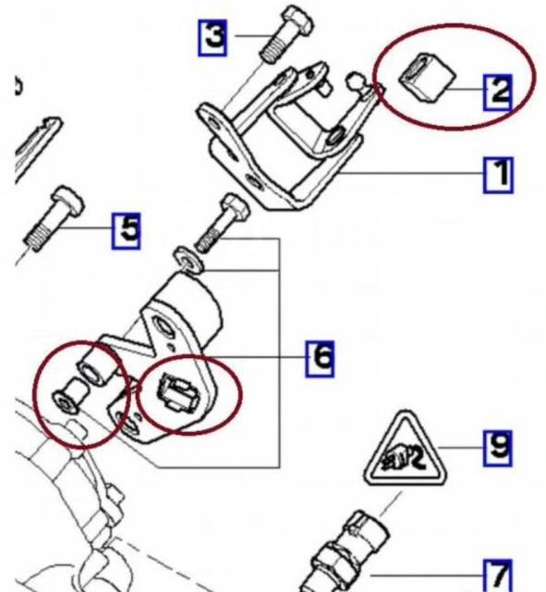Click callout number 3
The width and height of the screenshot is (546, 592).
tap(212, 38)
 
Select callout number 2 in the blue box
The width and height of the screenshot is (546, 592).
tap(498, 92)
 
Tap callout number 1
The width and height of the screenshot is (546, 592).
tap(499, 175)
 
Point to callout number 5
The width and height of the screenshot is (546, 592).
tap(127, 230)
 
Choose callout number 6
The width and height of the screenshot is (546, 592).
tap(320, 359)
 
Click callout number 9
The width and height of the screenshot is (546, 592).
tap(498, 448)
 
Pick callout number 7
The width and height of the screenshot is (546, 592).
tap(498, 576)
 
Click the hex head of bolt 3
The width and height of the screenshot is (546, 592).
tap(297, 19)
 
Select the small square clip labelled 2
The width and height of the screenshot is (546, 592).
tap(428, 78)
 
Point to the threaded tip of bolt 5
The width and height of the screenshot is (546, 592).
tap(37, 239)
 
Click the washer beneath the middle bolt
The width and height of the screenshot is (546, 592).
tap(188, 261)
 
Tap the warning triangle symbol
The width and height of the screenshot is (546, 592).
tap(406, 450)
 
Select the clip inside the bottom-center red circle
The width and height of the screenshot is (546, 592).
tap(177, 394)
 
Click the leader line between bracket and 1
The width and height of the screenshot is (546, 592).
tap(411, 174)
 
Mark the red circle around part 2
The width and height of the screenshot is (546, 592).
tap(455, 78)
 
